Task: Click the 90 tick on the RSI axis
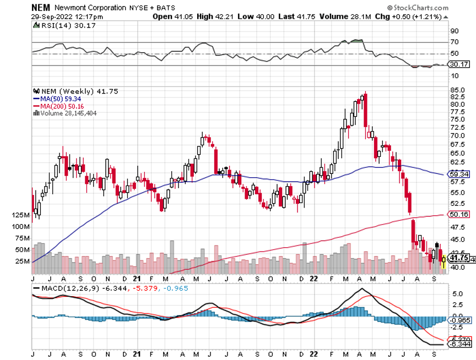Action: (x=455, y=31)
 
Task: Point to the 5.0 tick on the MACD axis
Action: (x=456, y=293)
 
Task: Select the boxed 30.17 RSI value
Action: (x=459, y=66)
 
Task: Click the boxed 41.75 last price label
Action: (x=459, y=257)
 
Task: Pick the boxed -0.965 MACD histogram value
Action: (x=460, y=320)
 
